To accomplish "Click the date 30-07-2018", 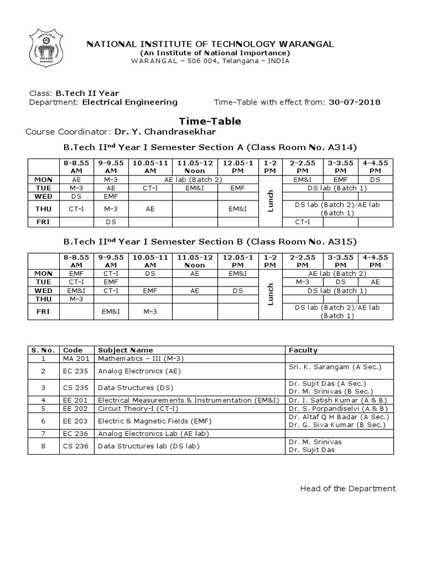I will (354, 102).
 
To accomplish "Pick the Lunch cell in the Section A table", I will (269, 200).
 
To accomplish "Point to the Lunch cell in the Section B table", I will (269, 294).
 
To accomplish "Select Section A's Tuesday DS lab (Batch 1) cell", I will (337, 188).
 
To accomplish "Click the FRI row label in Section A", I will (43, 222).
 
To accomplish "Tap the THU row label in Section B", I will (43, 299).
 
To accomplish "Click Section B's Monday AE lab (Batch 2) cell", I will (337, 273).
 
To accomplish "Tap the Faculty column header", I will (303, 350).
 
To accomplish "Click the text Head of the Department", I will (348, 489).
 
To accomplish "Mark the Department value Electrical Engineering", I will (130, 102).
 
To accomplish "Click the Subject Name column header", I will (125, 350).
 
